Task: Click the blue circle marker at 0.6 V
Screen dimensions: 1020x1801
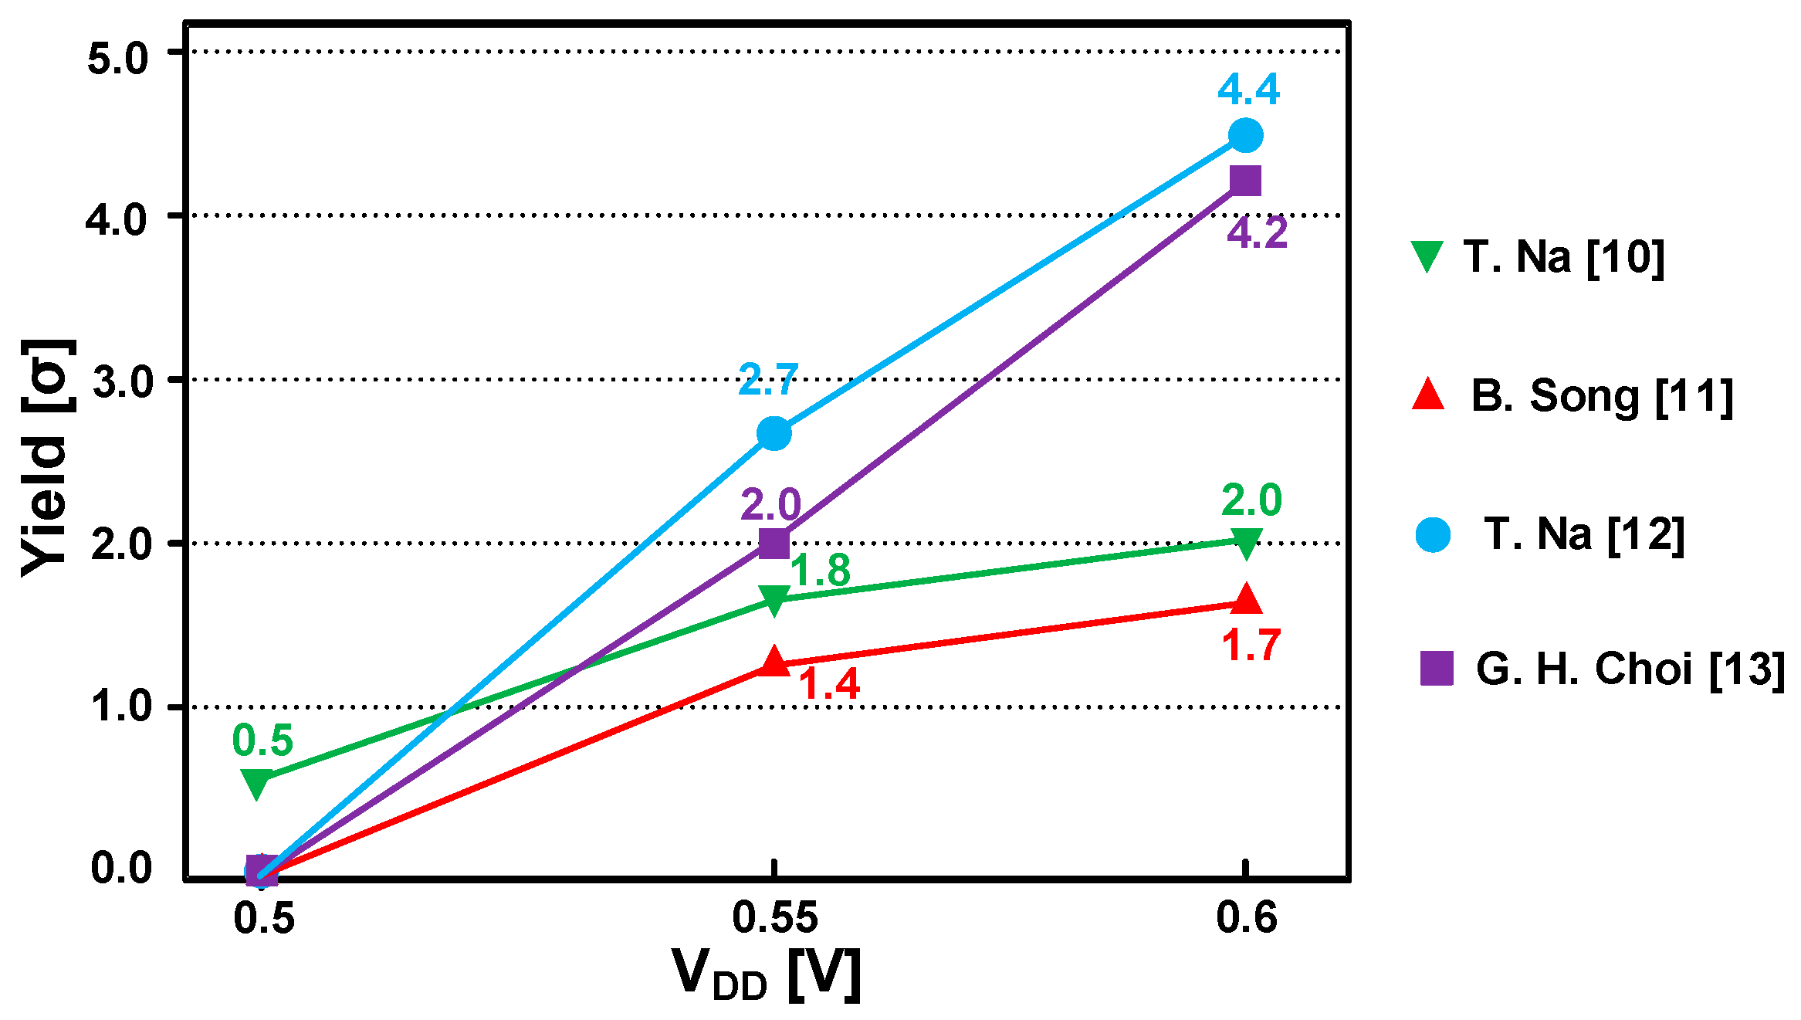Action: coord(1244,135)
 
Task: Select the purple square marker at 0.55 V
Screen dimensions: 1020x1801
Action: coord(774,543)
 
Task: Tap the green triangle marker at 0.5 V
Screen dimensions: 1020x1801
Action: coord(256,782)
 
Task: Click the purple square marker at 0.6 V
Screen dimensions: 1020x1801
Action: coord(1245,181)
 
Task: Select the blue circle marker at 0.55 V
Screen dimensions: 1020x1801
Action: coord(774,434)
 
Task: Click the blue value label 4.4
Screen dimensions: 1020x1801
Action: coord(1248,90)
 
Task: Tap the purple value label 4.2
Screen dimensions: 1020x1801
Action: coord(1258,232)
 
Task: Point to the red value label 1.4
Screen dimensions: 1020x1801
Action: coord(828,684)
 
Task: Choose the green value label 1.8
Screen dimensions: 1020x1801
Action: coord(820,571)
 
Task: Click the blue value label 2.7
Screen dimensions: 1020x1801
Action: coord(767,380)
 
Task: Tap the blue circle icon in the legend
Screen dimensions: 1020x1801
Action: coord(1433,534)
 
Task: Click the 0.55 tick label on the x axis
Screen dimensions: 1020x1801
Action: coord(774,917)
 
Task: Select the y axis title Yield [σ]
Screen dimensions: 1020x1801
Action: coord(46,457)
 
